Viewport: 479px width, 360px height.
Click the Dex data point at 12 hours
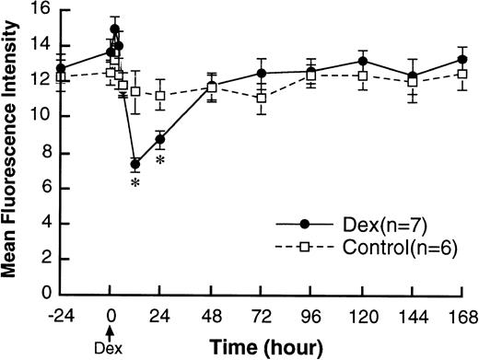[x=135, y=164]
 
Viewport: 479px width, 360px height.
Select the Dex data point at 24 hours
[x=160, y=140]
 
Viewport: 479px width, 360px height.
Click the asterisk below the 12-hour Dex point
[x=135, y=184]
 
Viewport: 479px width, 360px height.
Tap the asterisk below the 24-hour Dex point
[x=160, y=160]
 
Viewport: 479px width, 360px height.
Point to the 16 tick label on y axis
[x=39, y=10]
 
